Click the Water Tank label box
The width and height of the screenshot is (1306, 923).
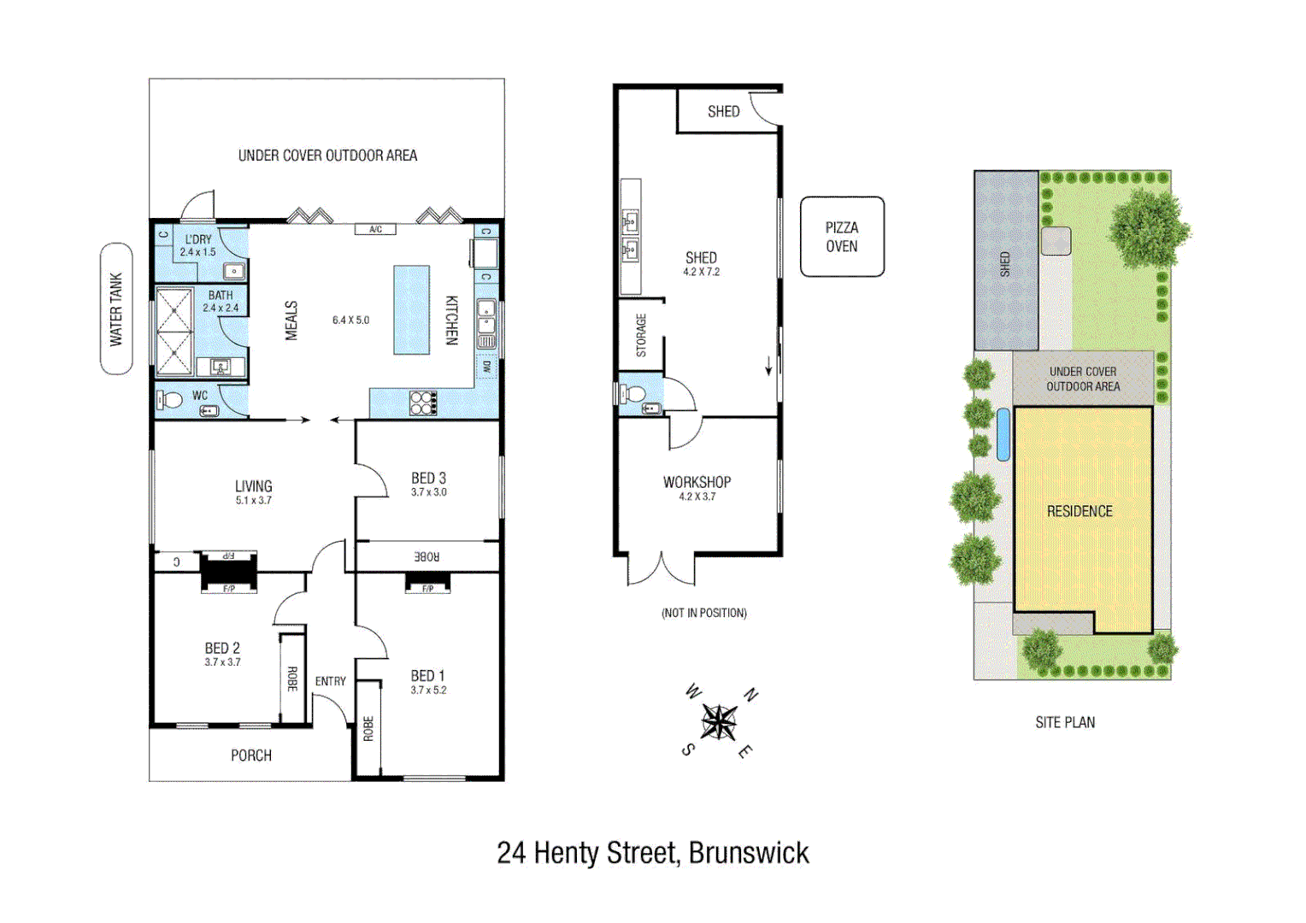coord(116,309)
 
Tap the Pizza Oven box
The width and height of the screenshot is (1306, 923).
coord(842,237)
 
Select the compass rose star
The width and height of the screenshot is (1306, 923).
coord(719,722)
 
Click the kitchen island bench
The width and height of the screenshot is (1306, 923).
coord(411,309)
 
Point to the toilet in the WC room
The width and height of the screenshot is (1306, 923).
coord(170,400)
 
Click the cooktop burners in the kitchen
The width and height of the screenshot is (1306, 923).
coord(423,403)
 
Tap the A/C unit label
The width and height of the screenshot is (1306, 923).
coord(375,229)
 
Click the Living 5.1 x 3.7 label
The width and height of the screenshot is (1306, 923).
coord(253,491)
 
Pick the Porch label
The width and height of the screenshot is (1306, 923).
coord(251,755)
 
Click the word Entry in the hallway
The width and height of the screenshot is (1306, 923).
coord(331,681)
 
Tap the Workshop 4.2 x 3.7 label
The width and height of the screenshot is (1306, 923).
coord(697,487)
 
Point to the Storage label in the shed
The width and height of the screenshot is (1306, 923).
coord(641,335)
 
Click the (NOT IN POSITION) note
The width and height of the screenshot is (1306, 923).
coord(703,613)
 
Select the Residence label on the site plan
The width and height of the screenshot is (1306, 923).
coord(1080,511)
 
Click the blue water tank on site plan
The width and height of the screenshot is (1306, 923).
coord(1003,434)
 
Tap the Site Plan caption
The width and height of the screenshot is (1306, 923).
coord(1065,722)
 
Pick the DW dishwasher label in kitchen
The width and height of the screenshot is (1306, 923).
coord(486,367)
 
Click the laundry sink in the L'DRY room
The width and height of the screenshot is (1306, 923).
coord(233,272)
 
